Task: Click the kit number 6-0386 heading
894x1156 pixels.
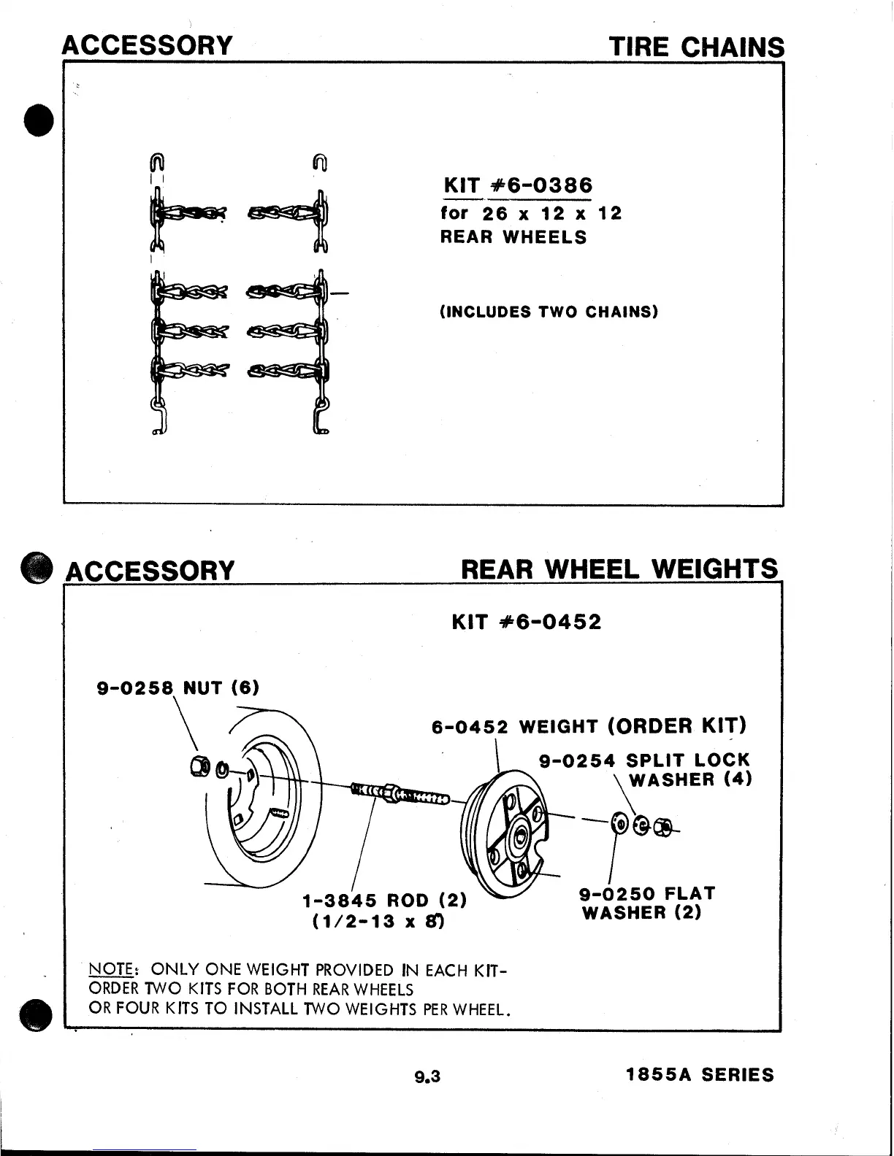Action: click(x=518, y=185)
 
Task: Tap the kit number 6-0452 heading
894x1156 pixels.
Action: click(x=527, y=622)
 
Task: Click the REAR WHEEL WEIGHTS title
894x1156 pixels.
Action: click(x=619, y=569)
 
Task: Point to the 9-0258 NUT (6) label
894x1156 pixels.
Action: click(x=178, y=687)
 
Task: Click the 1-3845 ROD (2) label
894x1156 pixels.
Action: click(x=385, y=901)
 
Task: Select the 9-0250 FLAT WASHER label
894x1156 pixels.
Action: click(x=646, y=903)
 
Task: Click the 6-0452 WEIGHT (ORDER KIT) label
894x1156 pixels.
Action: click(x=589, y=726)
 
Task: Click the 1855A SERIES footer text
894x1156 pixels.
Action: click(x=700, y=1075)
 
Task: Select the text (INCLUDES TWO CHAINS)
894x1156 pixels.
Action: click(x=549, y=312)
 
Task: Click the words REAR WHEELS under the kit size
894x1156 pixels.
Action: click(x=513, y=237)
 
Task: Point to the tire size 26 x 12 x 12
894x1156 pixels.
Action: click(x=552, y=214)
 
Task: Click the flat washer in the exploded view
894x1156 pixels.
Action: click(x=620, y=824)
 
